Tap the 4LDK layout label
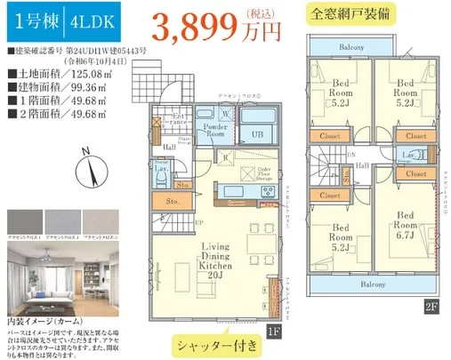[79, 23]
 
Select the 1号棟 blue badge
[32, 23]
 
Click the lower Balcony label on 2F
[373, 284]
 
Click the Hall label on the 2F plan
[364, 164]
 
